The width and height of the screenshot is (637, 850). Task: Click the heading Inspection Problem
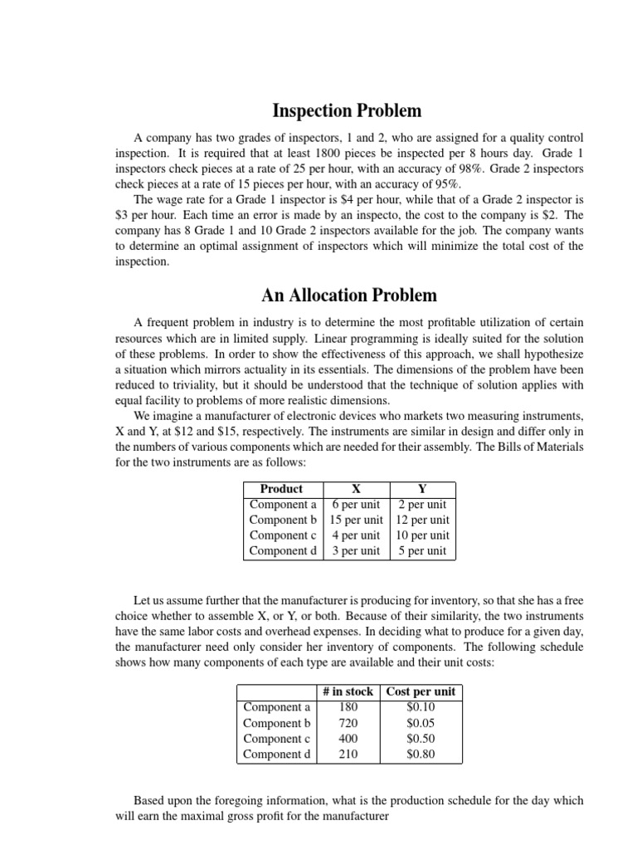(348, 110)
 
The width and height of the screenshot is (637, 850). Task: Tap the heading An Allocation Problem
(348, 295)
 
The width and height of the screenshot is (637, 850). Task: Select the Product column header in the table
(281, 489)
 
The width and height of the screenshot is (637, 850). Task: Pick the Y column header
(421, 489)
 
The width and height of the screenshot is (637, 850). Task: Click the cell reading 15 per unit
(356, 520)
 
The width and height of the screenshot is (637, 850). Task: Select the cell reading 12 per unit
(422, 520)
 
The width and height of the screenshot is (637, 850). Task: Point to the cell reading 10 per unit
(422, 535)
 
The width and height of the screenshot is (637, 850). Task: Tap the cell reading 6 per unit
(356, 505)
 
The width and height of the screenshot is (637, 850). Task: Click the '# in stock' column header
(348, 691)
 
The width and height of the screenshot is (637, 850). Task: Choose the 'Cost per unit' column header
(421, 691)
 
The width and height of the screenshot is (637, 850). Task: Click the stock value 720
(348, 723)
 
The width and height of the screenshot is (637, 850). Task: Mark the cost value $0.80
(421, 755)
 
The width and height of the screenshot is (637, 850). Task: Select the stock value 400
(348, 739)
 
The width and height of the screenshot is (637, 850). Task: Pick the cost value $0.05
(421, 723)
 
